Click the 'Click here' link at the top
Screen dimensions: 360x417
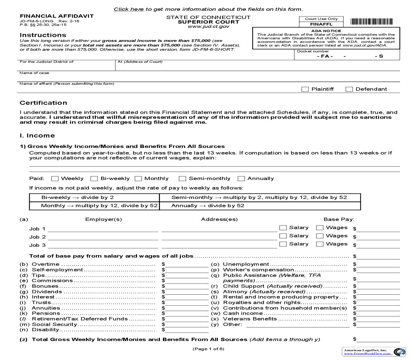tap(129, 9)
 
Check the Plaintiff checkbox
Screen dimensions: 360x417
tap(305, 89)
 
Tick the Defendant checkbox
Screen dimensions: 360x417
tap(349, 89)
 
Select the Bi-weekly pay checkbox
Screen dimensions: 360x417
tap(94, 179)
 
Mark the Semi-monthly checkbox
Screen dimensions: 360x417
tap(182, 179)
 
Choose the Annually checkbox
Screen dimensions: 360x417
tap(241, 179)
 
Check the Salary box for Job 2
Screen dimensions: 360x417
tap(283, 236)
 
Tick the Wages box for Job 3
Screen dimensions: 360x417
tap(320, 244)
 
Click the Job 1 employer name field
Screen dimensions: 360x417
tap(103, 229)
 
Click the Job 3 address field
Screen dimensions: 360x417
tap(219, 245)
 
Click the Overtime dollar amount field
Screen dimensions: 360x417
tap(187, 264)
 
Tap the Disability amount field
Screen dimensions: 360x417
tap(187, 330)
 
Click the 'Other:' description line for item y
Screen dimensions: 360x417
tap(298, 324)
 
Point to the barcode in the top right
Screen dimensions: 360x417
tap(372, 22)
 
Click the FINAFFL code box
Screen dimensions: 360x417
tap(321, 24)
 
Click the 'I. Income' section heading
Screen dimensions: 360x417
tap(37, 135)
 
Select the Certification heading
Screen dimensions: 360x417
tap(43, 103)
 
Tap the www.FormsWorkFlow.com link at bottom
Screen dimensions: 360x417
tap(367, 353)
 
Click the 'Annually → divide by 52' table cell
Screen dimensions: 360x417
tap(260, 206)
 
